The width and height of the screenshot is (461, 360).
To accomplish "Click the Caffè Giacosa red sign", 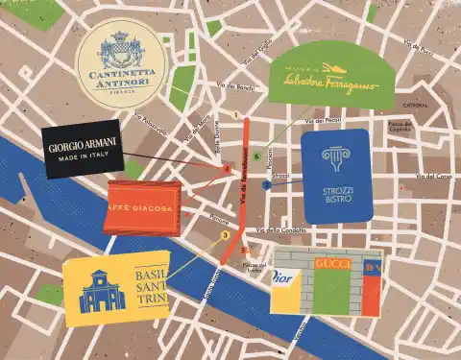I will (x=141, y=211).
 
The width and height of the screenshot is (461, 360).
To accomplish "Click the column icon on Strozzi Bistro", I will (x=336, y=159).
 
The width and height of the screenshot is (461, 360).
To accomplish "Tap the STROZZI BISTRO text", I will (x=338, y=197).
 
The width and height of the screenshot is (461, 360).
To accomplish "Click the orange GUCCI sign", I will (x=332, y=263).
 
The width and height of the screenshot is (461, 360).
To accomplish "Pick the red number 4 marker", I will (x=227, y=169).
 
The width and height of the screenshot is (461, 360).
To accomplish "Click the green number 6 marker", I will (x=256, y=155).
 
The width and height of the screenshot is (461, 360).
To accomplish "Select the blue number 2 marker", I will (x=266, y=185).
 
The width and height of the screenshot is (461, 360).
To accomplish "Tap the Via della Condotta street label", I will (x=278, y=230).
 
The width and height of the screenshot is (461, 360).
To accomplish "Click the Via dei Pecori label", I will (x=325, y=121).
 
